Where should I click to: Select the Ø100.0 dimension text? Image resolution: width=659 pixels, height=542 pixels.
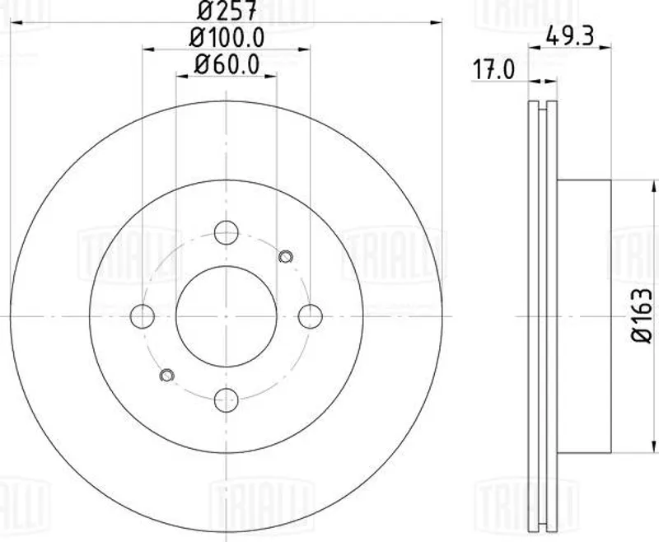point(227,37)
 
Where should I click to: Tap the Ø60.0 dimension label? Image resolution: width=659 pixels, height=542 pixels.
point(227,65)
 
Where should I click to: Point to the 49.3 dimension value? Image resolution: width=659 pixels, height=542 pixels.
point(569,36)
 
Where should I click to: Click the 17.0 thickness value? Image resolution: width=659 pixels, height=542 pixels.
point(493,70)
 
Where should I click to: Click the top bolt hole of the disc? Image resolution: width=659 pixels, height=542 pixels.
point(226,232)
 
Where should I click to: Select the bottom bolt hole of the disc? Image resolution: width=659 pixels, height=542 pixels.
point(226,400)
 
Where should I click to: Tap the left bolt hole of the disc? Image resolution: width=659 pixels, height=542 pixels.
point(143,316)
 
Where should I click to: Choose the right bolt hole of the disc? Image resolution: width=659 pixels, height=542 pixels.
point(311,316)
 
